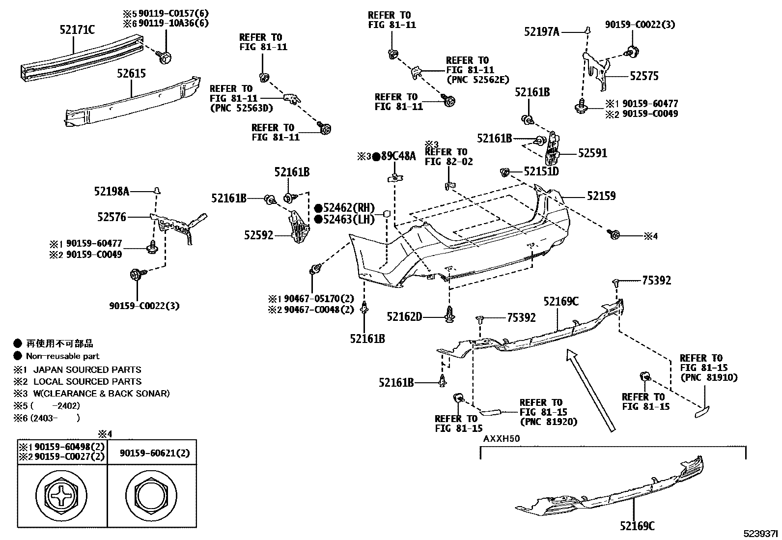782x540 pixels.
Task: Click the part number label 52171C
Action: tap(77, 30)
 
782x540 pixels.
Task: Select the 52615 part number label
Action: tap(131, 74)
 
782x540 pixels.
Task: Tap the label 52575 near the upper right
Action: tap(644, 76)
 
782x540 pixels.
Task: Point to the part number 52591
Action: tap(592, 153)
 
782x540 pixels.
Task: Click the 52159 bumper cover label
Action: tap(601, 196)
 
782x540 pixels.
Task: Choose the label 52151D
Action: tap(541, 171)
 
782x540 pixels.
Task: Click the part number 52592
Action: tap(258, 235)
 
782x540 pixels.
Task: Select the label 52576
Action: tap(112, 217)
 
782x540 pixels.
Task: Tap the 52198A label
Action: tap(112, 191)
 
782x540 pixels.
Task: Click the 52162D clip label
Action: tap(404, 317)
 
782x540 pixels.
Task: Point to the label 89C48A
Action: tap(398, 157)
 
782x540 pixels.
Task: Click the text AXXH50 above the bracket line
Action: tap(501, 438)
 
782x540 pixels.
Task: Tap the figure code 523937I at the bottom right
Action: tap(760, 533)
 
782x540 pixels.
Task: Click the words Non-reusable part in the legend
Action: tap(62, 356)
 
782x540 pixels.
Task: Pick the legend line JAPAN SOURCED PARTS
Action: tap(87, 369)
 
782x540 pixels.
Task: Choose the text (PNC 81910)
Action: tap(708, 377)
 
